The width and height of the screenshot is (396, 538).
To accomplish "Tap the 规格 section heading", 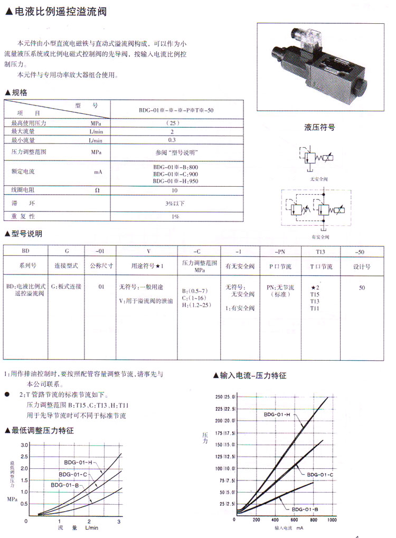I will (x=19, y=92).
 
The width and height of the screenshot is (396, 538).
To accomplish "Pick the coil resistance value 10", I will (x=175, y=190).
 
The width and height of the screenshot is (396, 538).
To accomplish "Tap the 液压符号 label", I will (x=319, y=127).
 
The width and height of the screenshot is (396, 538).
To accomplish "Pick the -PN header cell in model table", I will (x=280, y=252).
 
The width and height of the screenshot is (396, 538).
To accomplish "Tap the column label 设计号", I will (x=362, y=267).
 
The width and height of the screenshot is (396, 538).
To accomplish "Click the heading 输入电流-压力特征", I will (x=252, y=376).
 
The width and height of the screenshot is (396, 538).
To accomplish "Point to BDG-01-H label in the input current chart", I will (x=278, y=415).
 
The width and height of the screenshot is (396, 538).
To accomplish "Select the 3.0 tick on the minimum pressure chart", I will (x=24, y=446).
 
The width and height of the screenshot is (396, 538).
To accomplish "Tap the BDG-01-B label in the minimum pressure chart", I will (x=65, y=485).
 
